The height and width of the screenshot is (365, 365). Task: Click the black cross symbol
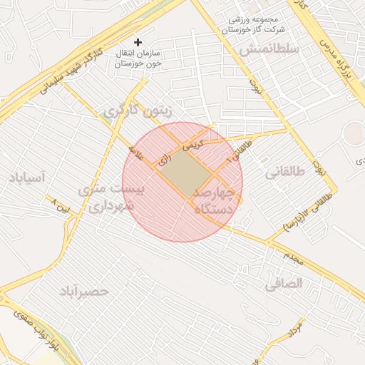point(138,43)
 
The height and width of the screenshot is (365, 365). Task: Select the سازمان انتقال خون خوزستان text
point(139,58)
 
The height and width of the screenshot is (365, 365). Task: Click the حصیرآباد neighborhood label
point(83,291)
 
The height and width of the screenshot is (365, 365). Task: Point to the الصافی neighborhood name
point(284,283)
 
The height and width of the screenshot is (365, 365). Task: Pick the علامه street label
point(136,151)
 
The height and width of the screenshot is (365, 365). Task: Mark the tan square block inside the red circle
point(189,173)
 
